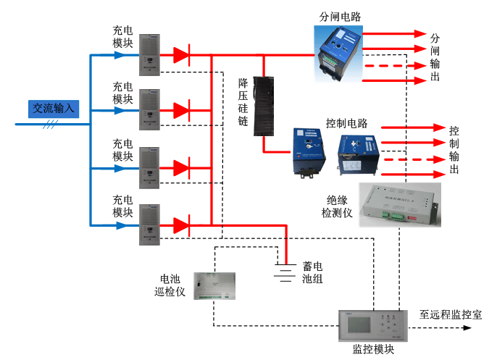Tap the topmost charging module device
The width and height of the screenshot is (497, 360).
pyautogui.click(x=149, y=54)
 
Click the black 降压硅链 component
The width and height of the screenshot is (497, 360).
pyautogui.click(x=267, y=106)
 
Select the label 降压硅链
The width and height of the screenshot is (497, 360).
pyautogui.click(x=243, y=102)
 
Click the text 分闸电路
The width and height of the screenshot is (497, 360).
pyautogui.click(x=339, y=17)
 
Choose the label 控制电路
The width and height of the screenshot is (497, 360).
pyautogui.click(x=347, y=122)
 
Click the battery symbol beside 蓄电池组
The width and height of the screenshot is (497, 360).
pyautogui.click(x=286, y=271)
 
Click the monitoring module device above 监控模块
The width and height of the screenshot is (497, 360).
pyautogui.click(x=370, y=325)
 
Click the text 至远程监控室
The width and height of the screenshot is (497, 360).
pyautogui.click(x=451, y=315)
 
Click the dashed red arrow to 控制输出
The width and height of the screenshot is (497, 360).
pyautogui.click(x=410, y=159)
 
